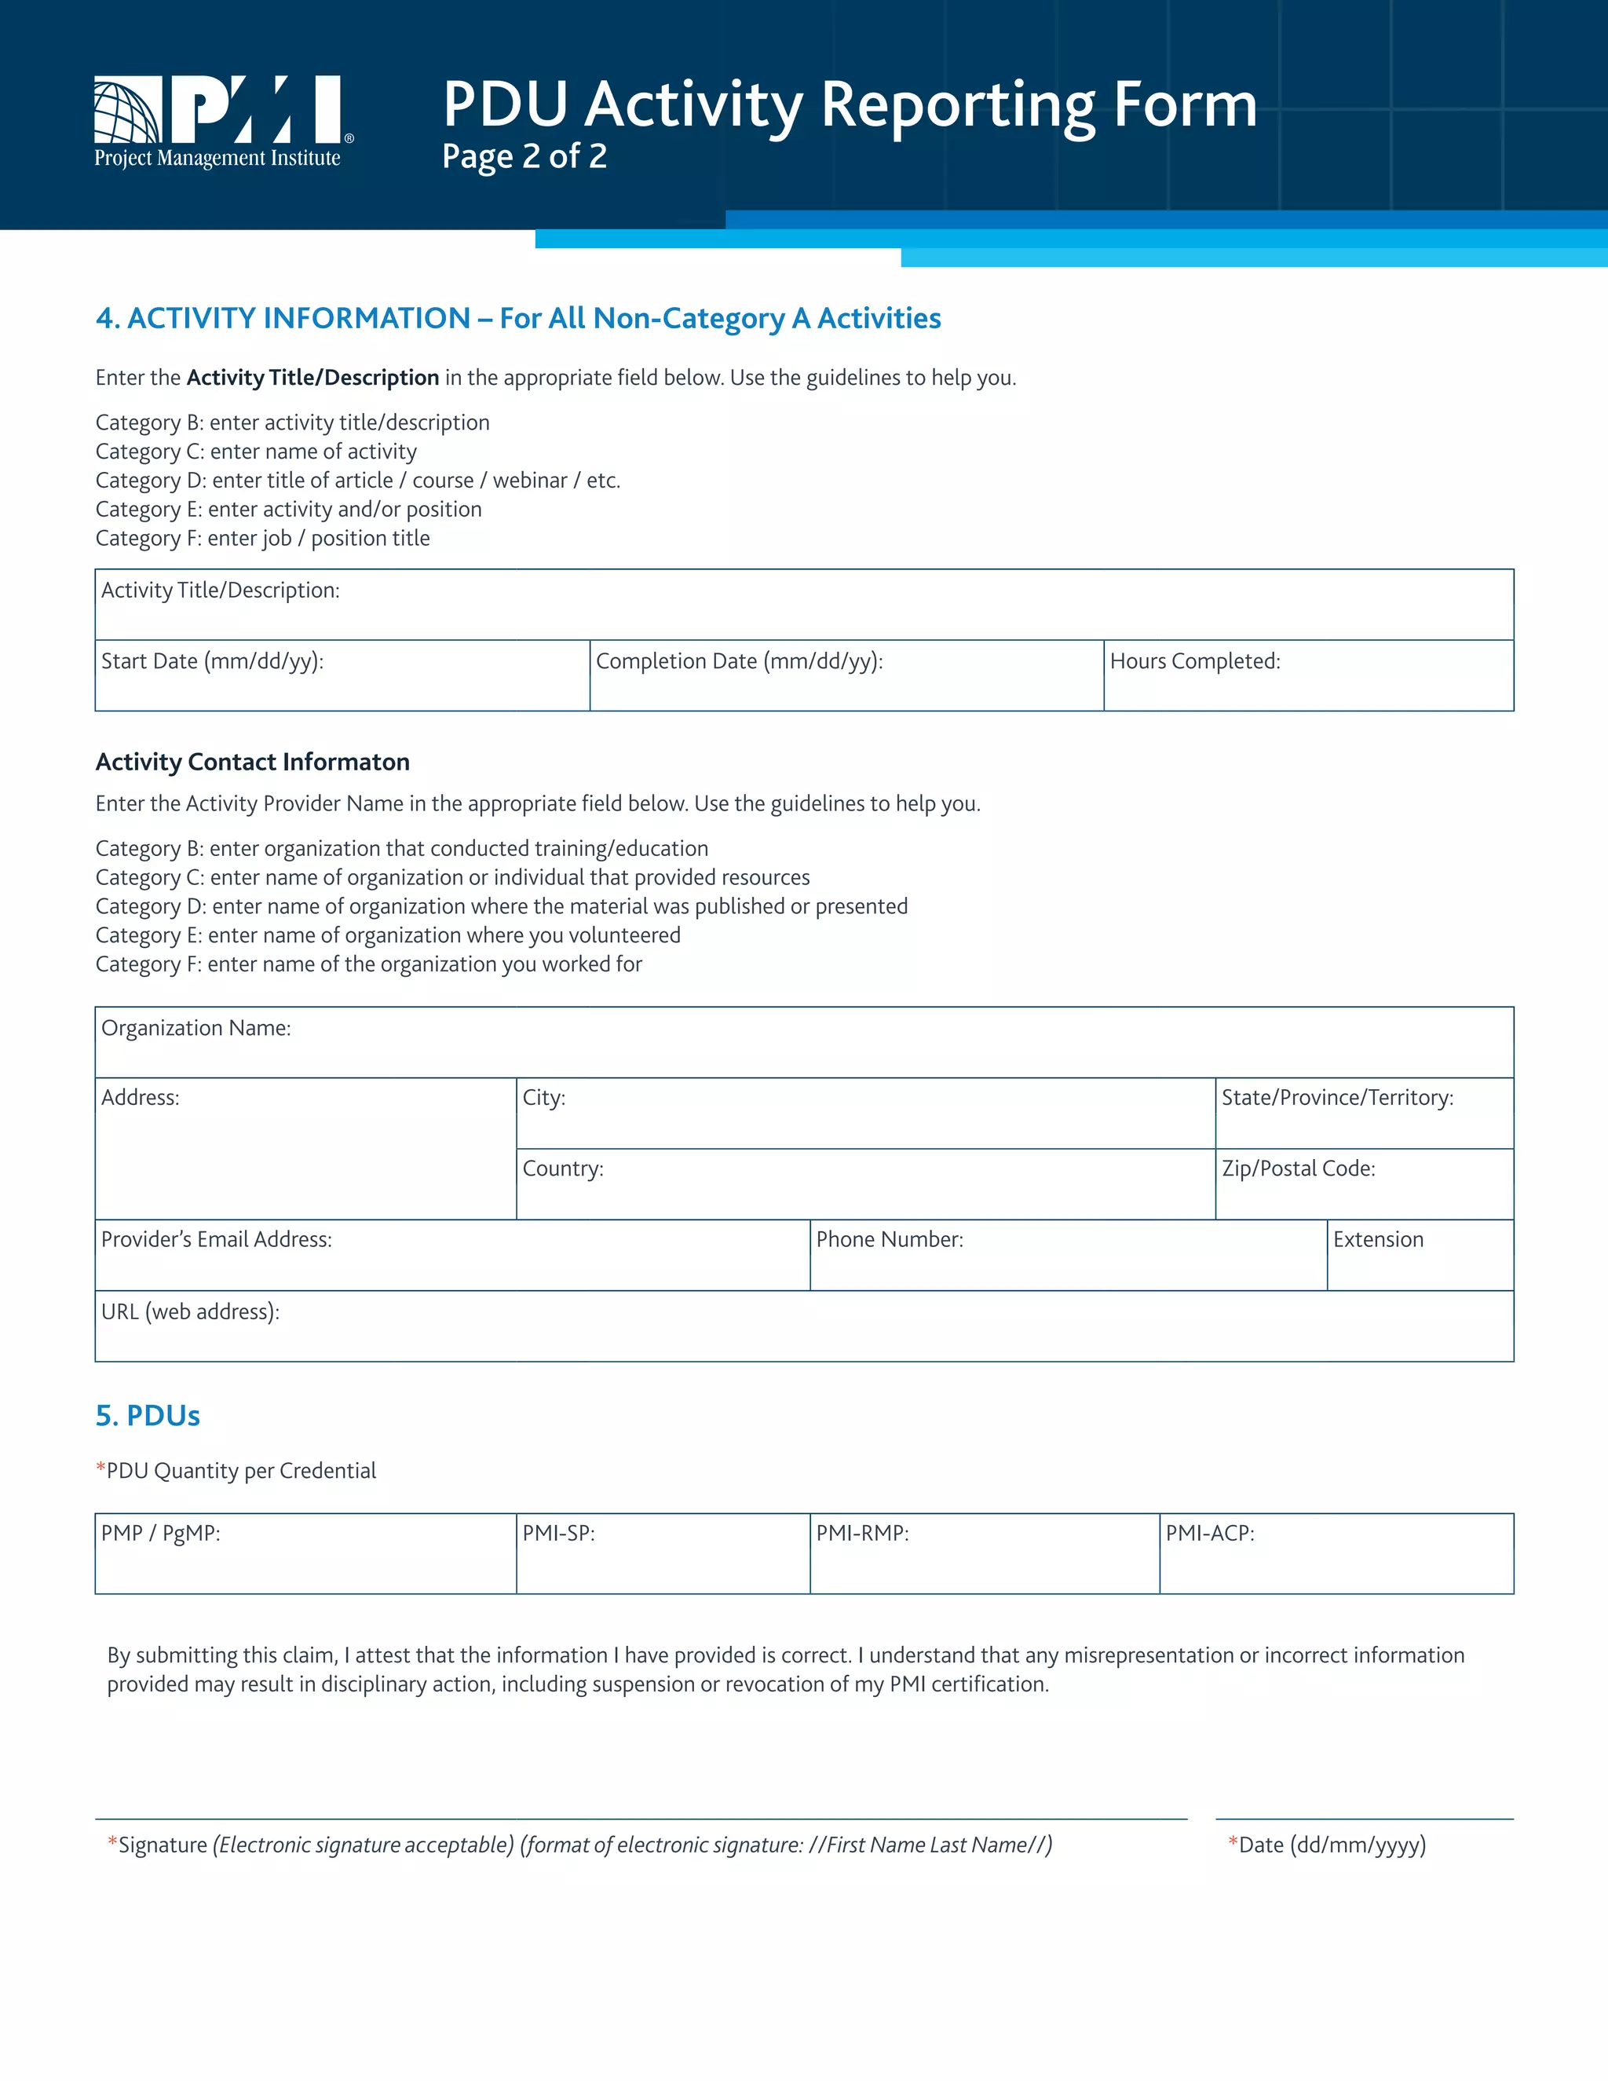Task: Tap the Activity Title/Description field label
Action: pyautogui.click(x=220, y=591)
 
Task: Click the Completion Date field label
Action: pyautogui.click(x=739, y=661)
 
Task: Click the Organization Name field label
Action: pyautogui.click(x=196, y=1028)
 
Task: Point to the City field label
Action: pyautogui.click(x=544, y=1098)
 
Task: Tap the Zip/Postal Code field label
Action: pyautogui.click(x=1299, y=1169)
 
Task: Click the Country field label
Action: pyautogui.click(x=563, y=1169)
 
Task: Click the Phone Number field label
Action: pyautogui.click(x=890, y=1240)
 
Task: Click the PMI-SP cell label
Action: pyautogui.click(x=558, y=1533)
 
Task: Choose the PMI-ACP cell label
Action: pyautogui.click(x=1210, y=1533)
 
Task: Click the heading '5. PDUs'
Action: pyautogui.click(x=148, y=1416)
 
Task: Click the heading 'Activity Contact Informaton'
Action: pyautogui.click(x=253, y=763)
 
